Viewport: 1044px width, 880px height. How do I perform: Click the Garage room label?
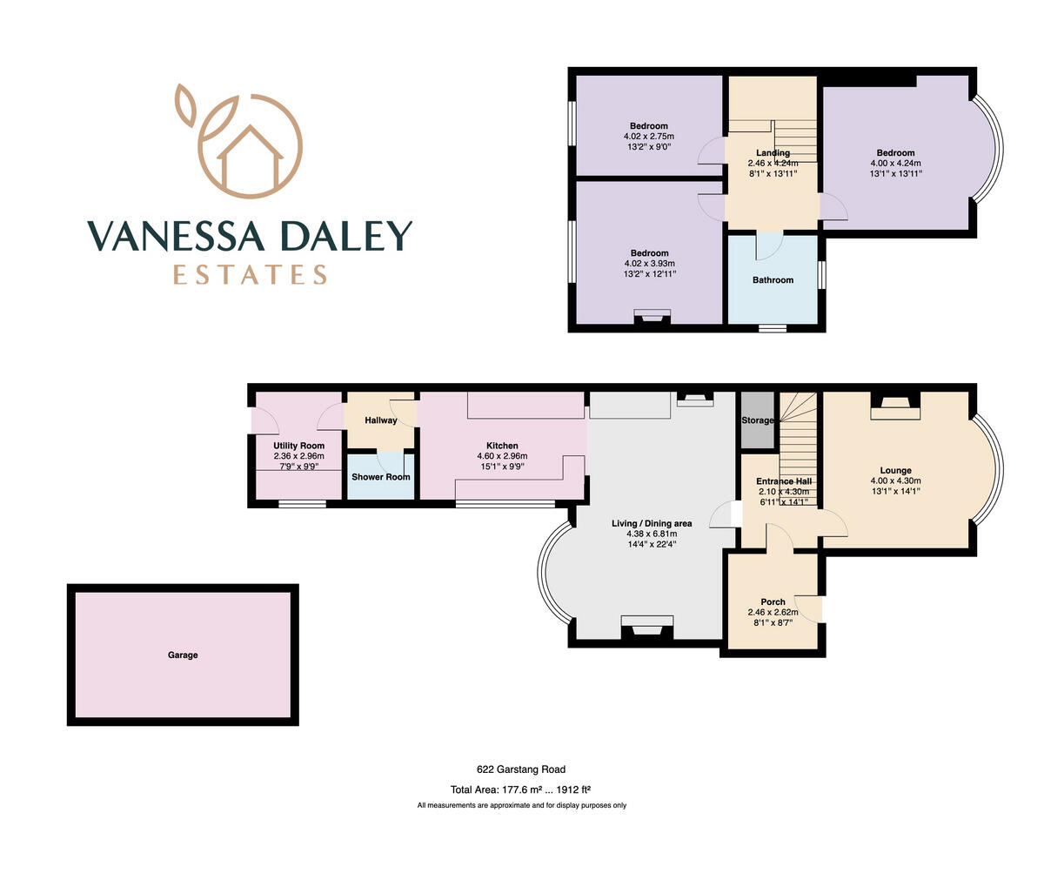(x=183, y=655)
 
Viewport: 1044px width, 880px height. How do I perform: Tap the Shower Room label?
(x=380, y=477)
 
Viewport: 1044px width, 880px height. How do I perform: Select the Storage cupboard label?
(x=757, y=420)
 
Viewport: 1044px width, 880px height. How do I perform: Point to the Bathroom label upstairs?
(x=773, y=280)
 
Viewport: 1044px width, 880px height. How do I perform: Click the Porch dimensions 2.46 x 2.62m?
(x=773, y=613)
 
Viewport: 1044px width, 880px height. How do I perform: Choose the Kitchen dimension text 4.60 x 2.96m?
(x=502, y=456)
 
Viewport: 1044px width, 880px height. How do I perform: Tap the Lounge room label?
(x=895, y=471)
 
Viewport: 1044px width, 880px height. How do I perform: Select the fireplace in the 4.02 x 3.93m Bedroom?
(x=652, y=318)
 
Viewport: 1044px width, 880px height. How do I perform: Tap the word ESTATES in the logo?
(x=250, y=275)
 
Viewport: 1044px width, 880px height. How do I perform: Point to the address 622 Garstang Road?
(x=521, y=769)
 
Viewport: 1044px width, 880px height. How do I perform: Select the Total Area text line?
(x=521, y=790)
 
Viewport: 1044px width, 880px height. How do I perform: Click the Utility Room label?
(x=298, y=446)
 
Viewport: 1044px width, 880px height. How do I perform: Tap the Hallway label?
(x=380, y=420)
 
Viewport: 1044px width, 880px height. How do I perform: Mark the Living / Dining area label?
(x=652, y=523)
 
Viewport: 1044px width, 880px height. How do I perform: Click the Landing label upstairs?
(x=773, y=153)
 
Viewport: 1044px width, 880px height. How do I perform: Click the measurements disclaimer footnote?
(x=521, y=806)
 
